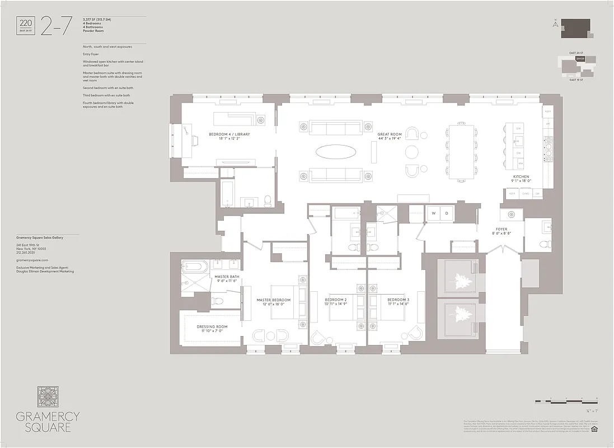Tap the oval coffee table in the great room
[335, 151]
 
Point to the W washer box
[432, 213]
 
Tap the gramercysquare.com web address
[32, 260]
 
